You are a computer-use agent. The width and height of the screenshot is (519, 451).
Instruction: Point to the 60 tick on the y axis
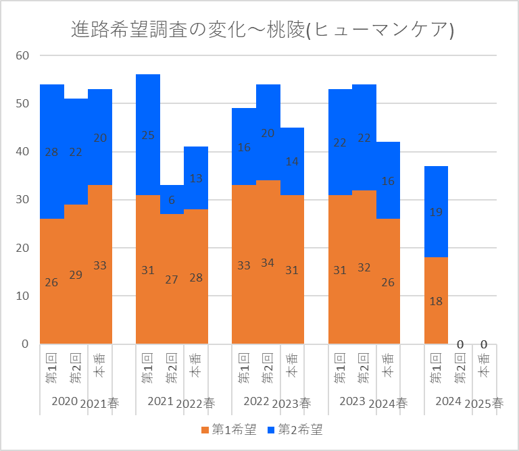coord(22,55)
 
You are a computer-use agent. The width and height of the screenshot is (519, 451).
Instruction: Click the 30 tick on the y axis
coord(22,200)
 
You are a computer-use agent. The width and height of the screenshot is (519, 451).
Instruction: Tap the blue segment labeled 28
coord(52,152)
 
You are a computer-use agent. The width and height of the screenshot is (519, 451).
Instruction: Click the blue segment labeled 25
coord(148,135)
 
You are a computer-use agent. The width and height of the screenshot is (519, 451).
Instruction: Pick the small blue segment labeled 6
coord(172,200)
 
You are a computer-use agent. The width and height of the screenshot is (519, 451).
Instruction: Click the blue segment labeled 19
coord(436,212)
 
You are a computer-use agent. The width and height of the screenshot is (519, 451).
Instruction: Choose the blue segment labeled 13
coord(196,178)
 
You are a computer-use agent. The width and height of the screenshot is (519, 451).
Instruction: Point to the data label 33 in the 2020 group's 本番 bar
coord(100,265)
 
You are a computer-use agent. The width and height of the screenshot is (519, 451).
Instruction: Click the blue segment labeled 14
coord(292,161)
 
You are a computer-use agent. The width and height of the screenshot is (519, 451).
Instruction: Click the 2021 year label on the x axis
coord(161,402)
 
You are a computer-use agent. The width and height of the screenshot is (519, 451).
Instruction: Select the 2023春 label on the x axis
coord(292,403)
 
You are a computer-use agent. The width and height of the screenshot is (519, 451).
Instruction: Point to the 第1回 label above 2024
coord(436,368)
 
